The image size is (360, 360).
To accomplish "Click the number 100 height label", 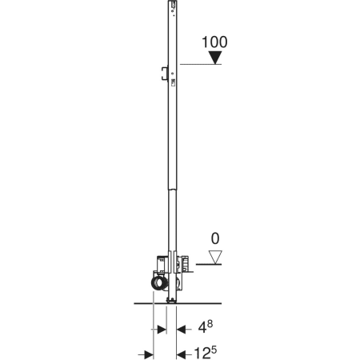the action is (214, 42).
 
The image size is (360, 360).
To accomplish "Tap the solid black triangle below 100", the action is (215, 57).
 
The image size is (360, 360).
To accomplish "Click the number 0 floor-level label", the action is (215, 238).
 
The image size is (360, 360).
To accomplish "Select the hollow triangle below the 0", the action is (215, 257).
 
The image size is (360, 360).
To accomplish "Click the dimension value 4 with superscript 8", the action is (205, 327).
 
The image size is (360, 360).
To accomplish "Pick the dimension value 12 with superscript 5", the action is (205, 353).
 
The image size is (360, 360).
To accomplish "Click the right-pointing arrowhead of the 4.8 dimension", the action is (162, 330).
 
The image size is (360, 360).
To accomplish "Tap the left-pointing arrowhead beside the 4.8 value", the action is (181, 330).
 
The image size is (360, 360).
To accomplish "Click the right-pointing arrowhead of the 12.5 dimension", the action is (149, 355).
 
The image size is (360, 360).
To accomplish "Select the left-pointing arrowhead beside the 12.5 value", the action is (181, 355).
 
